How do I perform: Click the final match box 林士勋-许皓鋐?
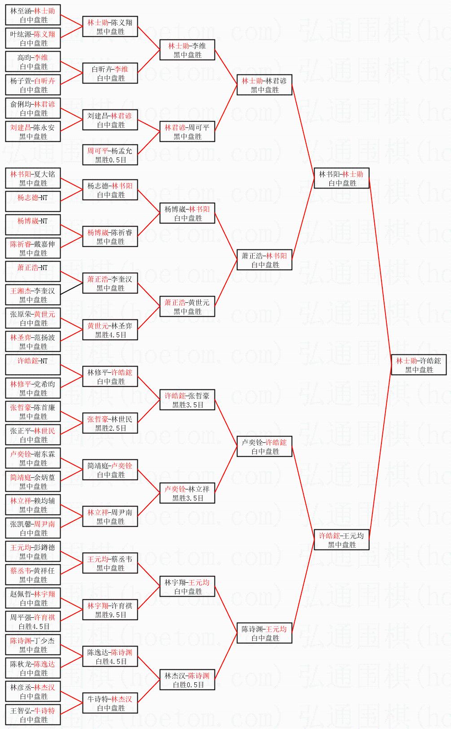pyautogui.click(x=418, y=365)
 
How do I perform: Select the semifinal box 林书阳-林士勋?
pyautogui.click(x=341, y=179)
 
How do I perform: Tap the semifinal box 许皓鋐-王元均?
pyautogui.click(x=341, y=540)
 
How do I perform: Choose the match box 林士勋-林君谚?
pyautogui.click(x=264, y=85)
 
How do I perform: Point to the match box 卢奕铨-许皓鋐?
pyautogui.click(x=264, y=446)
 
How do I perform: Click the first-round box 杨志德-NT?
pyautogui.click(x=33, y=201)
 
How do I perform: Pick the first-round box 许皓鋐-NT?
pyautogui.click(x=33, y=365)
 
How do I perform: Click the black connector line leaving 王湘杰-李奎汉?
pyautogui.click(x=72, y=288)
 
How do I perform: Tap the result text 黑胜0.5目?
pyautogui.click(x=110, y=160)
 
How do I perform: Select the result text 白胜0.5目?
pyautogui.click(x=188, y=685)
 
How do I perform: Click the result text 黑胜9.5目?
pyautogui.click(x=110, y=615)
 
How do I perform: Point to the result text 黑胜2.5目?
pyautogui.click(x=110, y=428)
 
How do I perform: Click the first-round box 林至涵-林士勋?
pyautogui.click(x=33, y=15)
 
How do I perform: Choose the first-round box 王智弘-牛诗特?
pyautogui.click(x=33, y=715)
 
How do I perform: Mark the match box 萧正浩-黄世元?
pyautogui.click(x=187, y=306)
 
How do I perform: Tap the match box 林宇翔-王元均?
pyautogui.click(x=187, y=586)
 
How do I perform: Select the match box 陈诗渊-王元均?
pyautogui.click(x=264, y=633)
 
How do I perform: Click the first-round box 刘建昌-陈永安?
pyautogui.click(x=33, y=132)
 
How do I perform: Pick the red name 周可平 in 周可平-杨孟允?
pyautogui.click(x=98, y=151)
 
